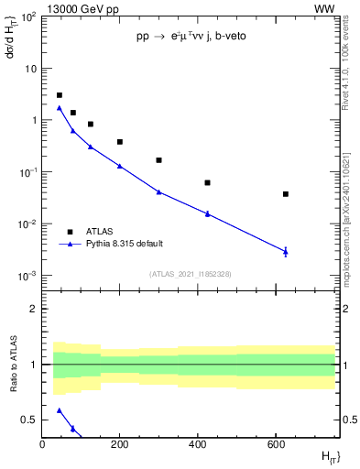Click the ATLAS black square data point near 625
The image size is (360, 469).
pos(286,194)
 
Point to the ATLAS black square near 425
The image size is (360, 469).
pos(208,183)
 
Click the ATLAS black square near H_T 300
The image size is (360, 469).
pos(158,160)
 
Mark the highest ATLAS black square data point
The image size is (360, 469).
pos(60,95)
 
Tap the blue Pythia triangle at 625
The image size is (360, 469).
pos(286,251)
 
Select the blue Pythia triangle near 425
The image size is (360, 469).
pos(208,213)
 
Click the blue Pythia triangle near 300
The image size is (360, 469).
pos(158,191)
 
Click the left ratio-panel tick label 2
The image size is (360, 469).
pos(34,309)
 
